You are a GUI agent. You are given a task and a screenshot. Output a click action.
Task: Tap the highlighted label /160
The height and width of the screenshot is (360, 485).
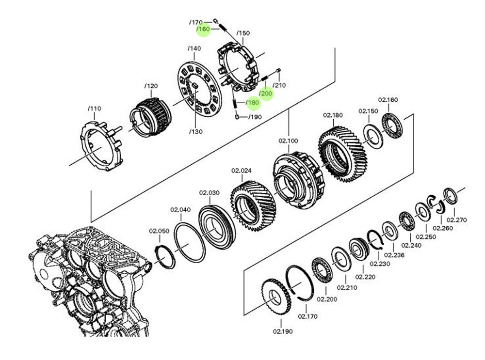point(204,30)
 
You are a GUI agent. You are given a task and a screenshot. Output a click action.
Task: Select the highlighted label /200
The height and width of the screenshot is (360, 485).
point(266,93)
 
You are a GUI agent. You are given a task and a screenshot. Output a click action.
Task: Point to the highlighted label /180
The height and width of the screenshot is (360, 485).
point(253,102)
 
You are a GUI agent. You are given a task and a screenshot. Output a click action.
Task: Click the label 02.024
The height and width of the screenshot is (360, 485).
point(241,171)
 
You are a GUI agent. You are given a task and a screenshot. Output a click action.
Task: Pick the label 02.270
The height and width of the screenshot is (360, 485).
point(456,219)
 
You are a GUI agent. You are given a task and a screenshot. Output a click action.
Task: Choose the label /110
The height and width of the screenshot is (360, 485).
point(94,109)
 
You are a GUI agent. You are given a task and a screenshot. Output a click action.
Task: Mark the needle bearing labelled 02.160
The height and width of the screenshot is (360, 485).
point(391,125)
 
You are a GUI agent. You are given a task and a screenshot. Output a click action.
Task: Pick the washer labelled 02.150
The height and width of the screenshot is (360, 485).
point(373,137)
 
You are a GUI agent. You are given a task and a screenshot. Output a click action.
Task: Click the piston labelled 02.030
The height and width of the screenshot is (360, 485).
point(216,225)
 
